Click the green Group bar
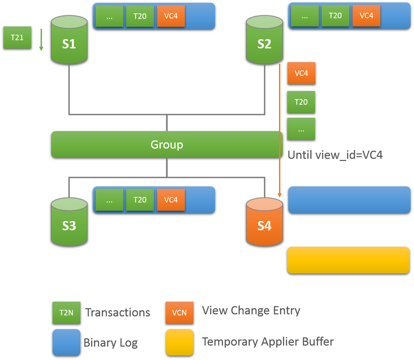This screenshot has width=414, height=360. (167, 144)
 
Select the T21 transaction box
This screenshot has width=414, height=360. (17, 37)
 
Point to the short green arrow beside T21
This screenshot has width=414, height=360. (41, 40)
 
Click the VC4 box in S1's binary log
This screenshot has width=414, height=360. (171, 16)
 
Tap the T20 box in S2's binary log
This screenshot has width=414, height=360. (335, 16)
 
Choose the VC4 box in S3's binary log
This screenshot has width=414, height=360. (171, 200)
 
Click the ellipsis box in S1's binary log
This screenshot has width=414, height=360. (109, 16)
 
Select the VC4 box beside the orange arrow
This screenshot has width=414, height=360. (301, 73)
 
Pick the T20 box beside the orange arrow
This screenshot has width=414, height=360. (301, 102)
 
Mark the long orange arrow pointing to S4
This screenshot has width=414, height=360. (280, 130)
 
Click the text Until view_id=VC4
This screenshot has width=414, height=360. (335, 155)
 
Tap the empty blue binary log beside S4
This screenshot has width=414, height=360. (349, 200)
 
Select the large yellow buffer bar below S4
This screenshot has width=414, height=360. (348, 260)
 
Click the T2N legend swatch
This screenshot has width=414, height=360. (66, 313)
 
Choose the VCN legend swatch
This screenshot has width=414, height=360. (179, 313)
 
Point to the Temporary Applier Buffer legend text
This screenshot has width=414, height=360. (268, 342)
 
